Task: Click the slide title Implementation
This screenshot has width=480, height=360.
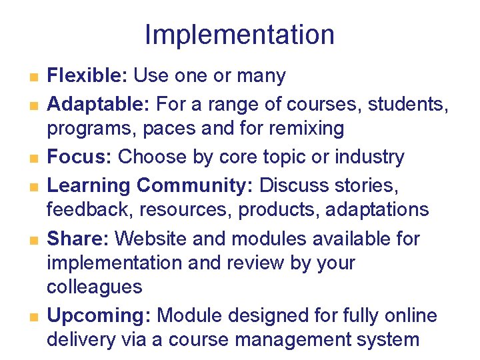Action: tap(239, 35)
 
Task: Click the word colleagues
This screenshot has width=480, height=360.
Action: tap(94, 288)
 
